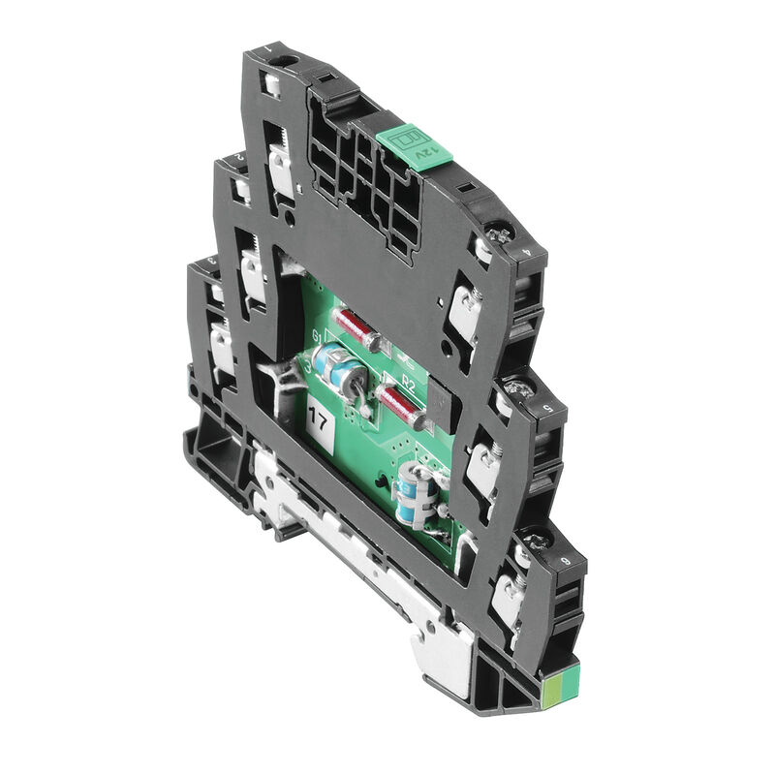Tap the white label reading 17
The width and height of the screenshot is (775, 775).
317,419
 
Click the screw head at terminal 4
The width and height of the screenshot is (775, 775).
501,232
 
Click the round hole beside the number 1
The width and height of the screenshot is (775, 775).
283,64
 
